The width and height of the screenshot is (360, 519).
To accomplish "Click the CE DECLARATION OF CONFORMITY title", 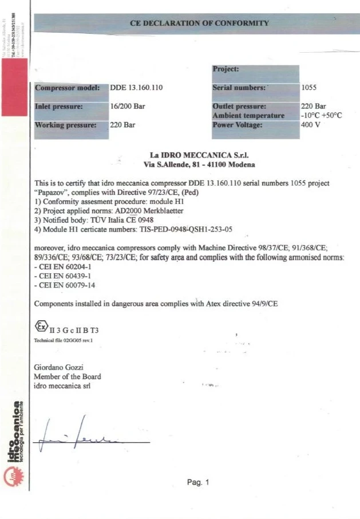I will pos(199,23).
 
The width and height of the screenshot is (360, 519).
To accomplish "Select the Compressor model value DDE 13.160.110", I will pos(137,88).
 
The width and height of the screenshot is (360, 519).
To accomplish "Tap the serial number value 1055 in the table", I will pos(308,88).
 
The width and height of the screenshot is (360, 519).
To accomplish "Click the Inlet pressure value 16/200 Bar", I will pos(126,107).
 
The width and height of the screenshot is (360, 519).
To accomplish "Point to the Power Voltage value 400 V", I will pos(310,125).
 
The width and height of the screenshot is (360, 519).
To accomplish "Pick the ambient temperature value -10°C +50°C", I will pos(321,116).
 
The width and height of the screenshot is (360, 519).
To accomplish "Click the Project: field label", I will pos(226,69).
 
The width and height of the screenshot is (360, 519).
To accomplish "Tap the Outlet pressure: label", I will pos(239,107).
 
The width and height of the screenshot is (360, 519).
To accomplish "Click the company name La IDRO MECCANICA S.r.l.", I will pos(199,155).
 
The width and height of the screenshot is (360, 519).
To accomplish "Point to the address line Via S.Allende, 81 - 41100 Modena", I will pos(199,164).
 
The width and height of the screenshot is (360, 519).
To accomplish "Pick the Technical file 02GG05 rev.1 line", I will pos(64,340).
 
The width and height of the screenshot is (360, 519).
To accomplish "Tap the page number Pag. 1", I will pos(199,483).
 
